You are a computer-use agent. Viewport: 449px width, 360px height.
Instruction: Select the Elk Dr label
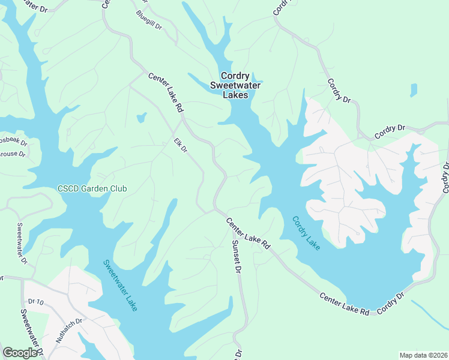[181, 145]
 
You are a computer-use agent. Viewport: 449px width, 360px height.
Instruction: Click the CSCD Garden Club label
[92, 188]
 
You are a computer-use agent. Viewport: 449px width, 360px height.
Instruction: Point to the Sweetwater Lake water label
[120, 284]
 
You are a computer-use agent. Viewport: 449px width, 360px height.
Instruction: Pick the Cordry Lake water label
[306, 233]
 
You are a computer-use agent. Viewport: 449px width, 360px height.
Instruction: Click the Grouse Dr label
[12, 154]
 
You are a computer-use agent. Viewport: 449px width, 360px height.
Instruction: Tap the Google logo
[20, 353]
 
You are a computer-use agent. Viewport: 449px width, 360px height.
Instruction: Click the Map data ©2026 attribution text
[423, 355]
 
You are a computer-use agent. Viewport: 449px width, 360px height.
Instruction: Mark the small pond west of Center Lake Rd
[142, 118]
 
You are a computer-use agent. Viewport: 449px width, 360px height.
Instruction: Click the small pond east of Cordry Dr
[413, 90]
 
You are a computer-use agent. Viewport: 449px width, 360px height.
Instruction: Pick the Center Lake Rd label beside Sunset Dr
[248, 233]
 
